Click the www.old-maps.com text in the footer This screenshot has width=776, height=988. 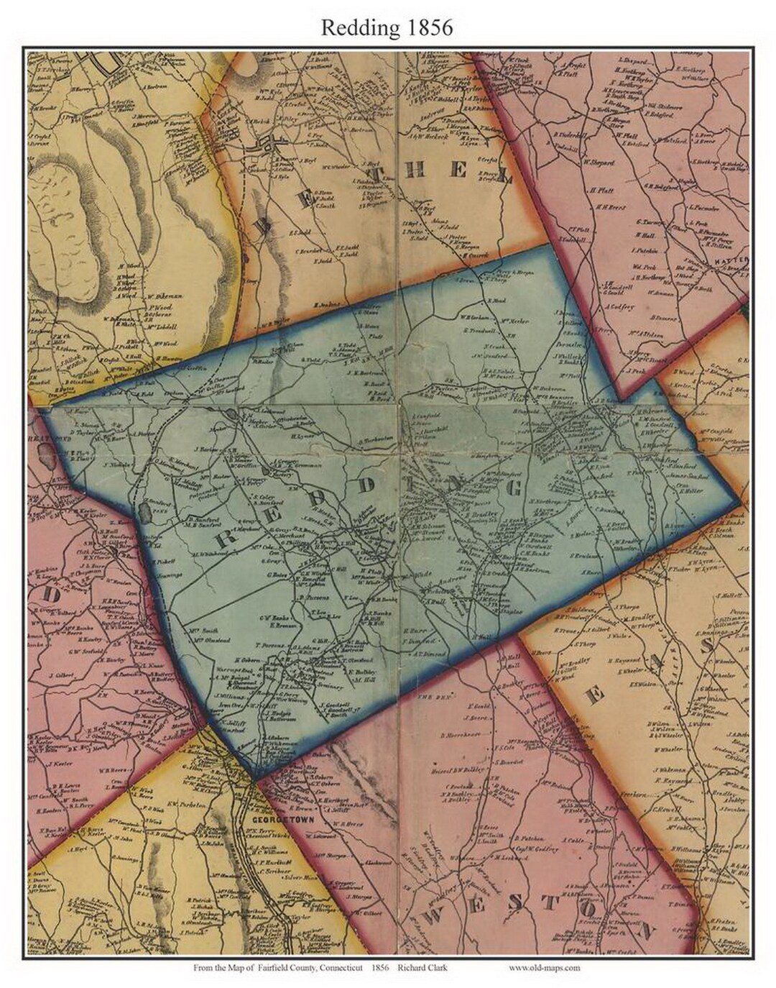545,968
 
